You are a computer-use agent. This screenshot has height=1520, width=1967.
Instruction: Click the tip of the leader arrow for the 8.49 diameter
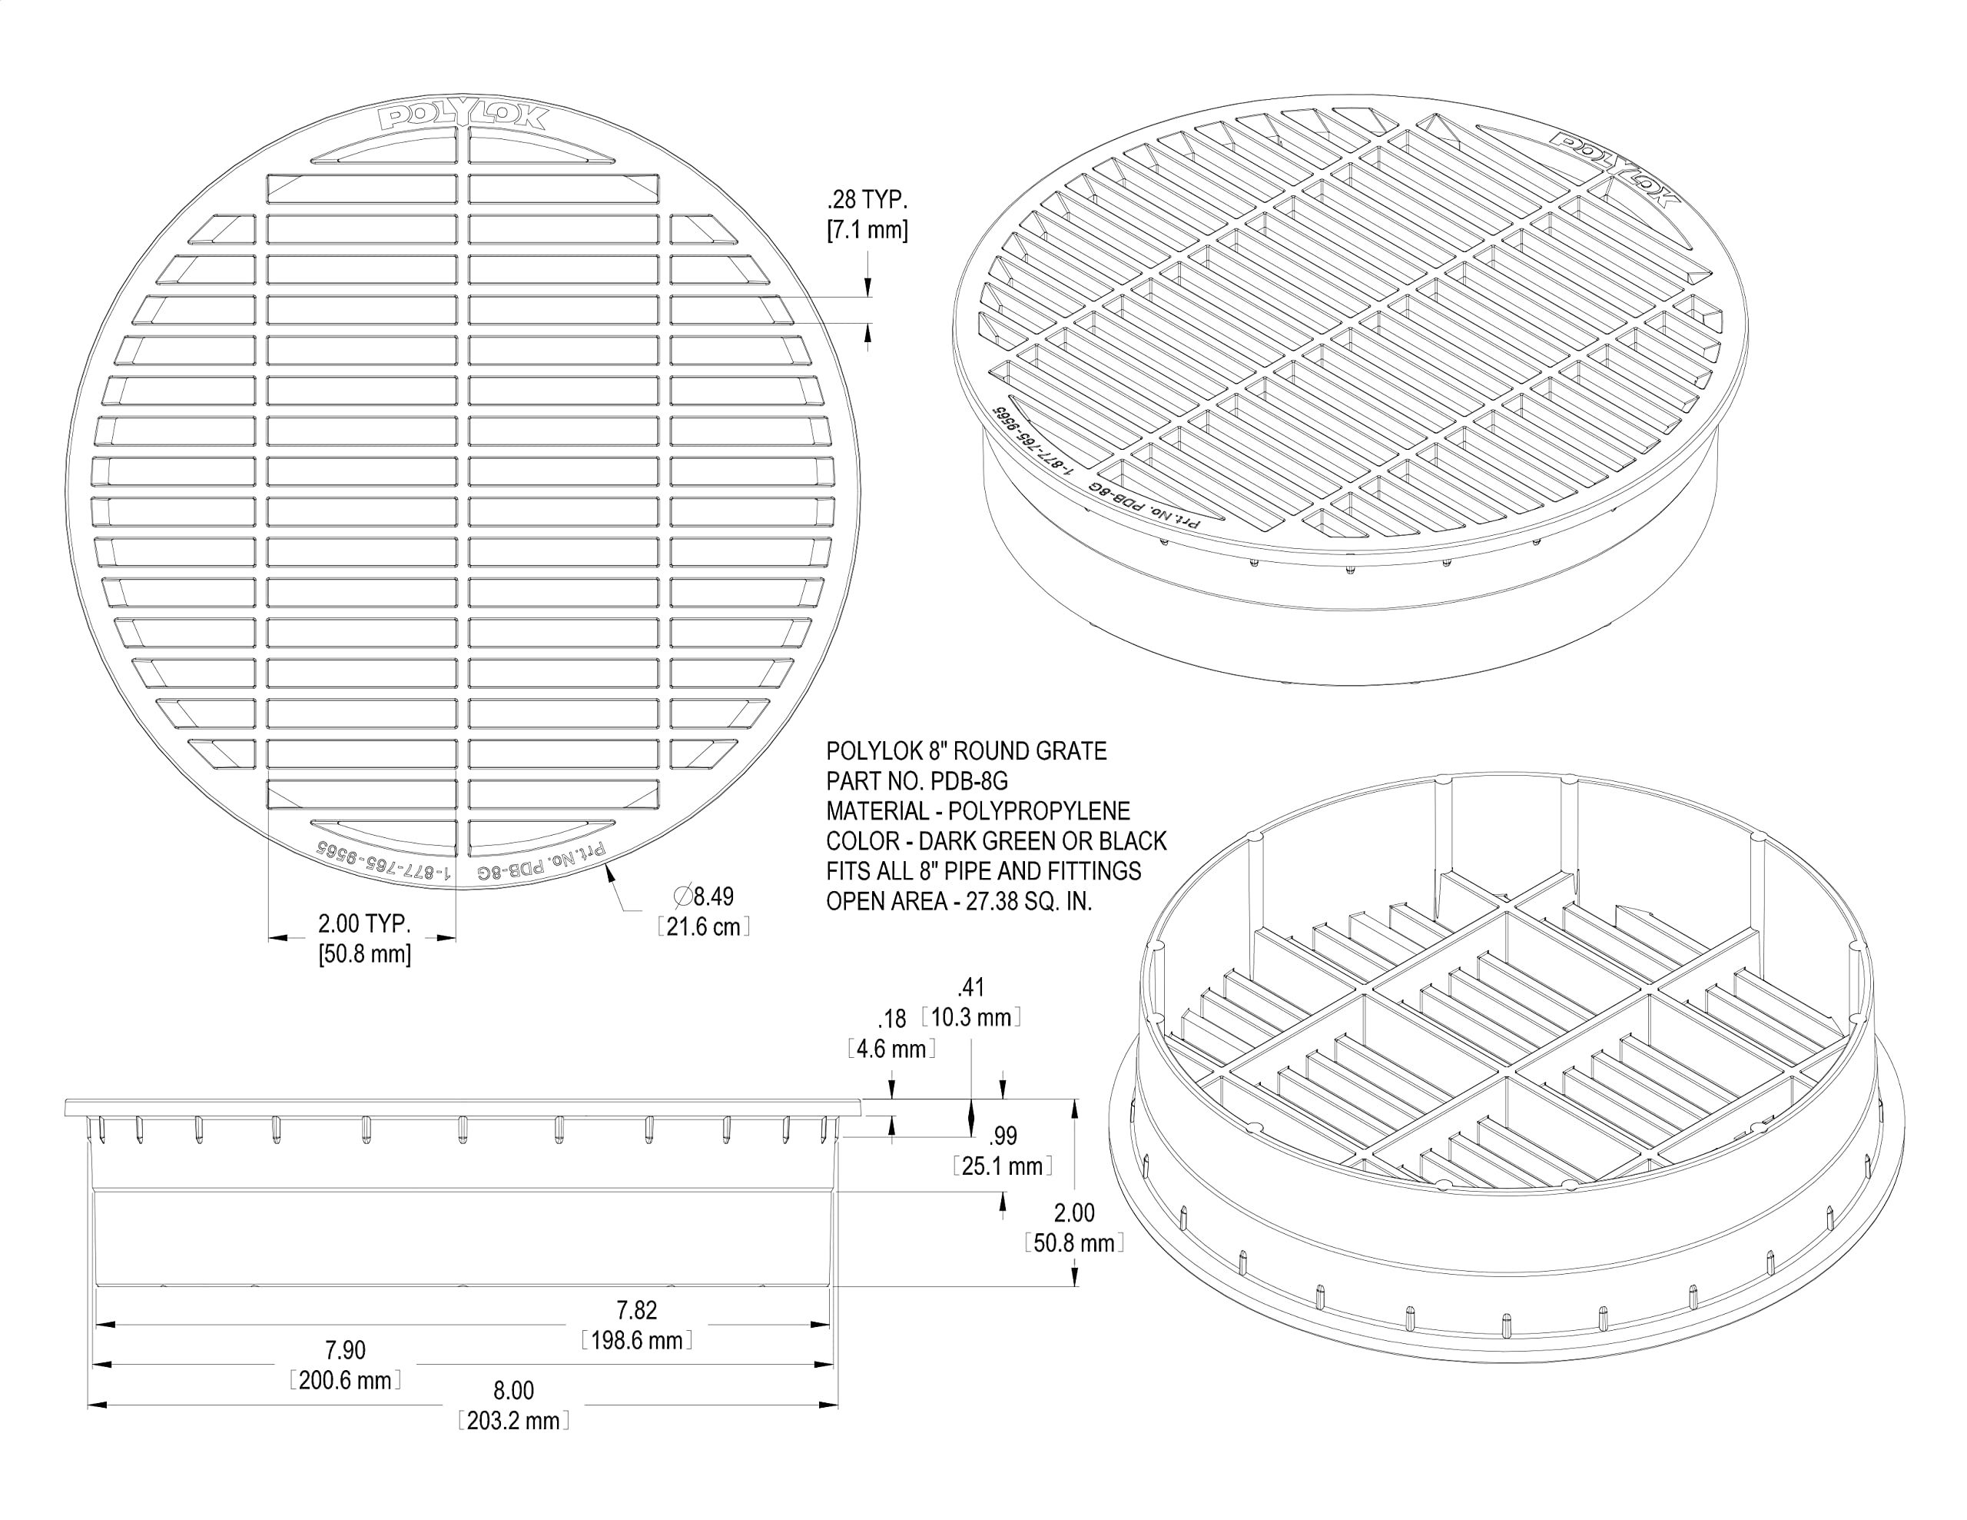point(606,863)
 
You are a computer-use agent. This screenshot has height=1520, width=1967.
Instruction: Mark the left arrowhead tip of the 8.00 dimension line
point(88,1404)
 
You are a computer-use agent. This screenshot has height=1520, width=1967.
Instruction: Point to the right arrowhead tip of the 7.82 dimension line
point(831,1325)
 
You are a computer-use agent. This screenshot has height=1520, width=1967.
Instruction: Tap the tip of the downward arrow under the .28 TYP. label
point(868,297)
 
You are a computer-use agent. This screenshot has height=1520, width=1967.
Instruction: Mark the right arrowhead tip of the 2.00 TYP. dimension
point(456,938)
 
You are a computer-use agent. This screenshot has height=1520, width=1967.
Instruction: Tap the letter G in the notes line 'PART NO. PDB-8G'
point(999,781)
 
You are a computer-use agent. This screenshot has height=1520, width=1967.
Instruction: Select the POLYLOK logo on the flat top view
point(463,117)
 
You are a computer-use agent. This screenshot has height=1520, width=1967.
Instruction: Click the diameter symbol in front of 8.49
point(682,896)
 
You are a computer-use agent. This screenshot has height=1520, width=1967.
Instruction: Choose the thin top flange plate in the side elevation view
point(463,1107)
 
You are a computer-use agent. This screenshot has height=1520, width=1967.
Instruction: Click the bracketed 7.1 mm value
point(867,231)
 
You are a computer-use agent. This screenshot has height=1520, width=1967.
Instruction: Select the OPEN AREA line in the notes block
point(959,901)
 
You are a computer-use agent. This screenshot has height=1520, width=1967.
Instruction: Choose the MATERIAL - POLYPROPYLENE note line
point(978,811)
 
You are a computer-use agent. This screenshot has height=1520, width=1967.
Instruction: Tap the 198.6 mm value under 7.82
point(637,1341)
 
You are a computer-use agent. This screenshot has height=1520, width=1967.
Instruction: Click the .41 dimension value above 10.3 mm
point(971,987)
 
